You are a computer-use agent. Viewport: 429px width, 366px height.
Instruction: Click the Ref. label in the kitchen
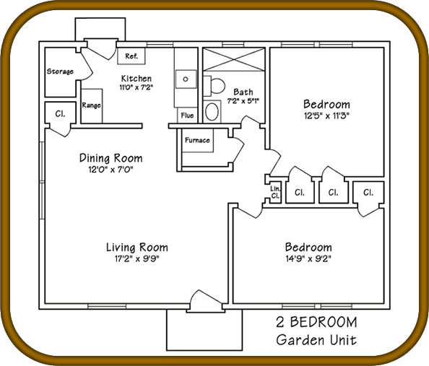point(131,56)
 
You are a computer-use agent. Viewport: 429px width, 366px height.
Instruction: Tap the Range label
point(92,105)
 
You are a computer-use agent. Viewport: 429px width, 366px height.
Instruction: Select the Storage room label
point(60,71)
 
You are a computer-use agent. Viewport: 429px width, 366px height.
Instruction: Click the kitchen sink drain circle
point(186,79)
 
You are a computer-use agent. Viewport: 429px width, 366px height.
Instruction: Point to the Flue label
point(187,116)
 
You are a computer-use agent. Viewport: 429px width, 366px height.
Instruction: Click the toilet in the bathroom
point(214,86)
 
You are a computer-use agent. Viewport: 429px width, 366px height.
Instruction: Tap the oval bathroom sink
point(212,112)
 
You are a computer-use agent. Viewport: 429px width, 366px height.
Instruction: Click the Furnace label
point(197,140)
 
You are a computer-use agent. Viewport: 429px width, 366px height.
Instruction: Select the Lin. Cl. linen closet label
point(275,192)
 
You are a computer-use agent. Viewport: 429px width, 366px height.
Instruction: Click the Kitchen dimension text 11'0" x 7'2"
point(136,88)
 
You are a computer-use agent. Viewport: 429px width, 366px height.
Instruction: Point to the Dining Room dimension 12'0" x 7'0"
point(110,170)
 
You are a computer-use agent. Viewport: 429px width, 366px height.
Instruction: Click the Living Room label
point(137,248)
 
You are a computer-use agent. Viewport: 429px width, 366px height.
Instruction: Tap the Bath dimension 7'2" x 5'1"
point(243,101)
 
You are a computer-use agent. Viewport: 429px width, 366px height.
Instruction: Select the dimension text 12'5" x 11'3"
point(327,116)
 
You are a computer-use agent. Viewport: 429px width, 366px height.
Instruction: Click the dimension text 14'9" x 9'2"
point(308,258)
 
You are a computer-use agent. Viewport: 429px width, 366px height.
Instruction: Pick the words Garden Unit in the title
point(316,340)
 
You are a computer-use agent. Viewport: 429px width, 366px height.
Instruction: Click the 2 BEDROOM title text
point(316,322)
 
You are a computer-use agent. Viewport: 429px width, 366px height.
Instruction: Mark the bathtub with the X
point(234,60)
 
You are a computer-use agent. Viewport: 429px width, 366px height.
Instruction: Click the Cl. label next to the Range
point(60,113)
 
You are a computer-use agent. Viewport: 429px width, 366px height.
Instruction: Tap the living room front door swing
point(206,300)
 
